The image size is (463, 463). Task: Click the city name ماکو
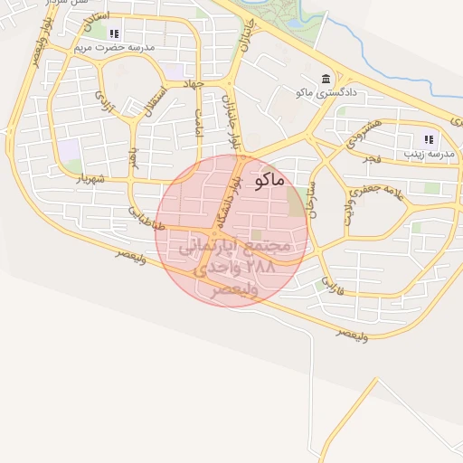[x=270, y=180]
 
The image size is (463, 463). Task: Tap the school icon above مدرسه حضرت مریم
[x=114, y=33]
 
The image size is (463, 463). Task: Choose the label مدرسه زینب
[x=430, y=153]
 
